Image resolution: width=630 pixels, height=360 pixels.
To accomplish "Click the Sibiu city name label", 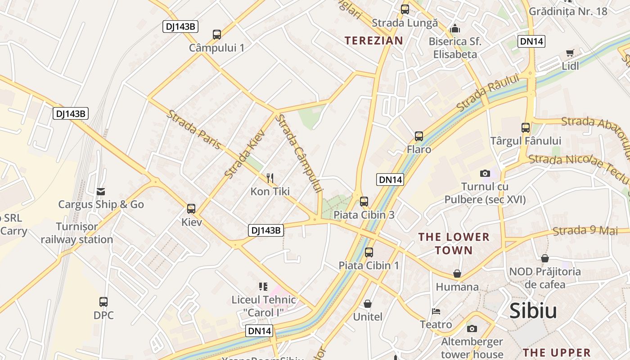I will click(x=533, y=311).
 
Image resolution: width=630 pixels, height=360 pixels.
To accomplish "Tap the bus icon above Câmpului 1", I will click(x=217, y=34).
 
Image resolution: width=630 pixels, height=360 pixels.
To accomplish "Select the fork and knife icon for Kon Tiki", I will click(x=270, y=178).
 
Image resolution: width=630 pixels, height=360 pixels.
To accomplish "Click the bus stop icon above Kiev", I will click(x=191, y=208).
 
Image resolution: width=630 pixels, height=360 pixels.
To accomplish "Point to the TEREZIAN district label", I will click(x=374, y=40).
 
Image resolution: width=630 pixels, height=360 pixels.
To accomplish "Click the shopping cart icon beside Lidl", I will click(x=570, y=53).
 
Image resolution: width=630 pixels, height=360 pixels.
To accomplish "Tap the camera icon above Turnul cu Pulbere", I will click(x=485, y=173).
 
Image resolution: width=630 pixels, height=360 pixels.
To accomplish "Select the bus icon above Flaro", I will click(x=419, y=136).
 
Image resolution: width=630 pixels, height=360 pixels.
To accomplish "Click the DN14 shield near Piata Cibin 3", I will click(x=390, y=180).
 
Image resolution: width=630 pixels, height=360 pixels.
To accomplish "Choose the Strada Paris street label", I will click(x=194, y=129).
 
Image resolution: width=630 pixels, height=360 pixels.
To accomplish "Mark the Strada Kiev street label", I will click(x=245, y=153).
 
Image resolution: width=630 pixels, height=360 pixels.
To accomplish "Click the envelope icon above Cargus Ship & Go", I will click(x=101, y=192).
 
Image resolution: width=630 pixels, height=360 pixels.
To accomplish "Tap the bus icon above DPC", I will click(x=103, y=301).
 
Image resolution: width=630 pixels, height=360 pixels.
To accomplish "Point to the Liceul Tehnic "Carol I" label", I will click(x=264, y=306).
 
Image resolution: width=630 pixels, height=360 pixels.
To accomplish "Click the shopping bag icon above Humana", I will click(x=457, y=274).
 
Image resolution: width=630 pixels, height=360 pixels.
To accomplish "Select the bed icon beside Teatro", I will click(x=436, y=311).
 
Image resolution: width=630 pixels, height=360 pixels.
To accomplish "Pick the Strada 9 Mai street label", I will click(x=585, y=231).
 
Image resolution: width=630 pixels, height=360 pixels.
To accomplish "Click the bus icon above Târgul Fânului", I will click(x=526, y=127).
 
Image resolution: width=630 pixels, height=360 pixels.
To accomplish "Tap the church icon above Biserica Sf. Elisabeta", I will click(x=455, y=28).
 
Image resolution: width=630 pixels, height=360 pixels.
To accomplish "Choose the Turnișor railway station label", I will click(x=77, y=233).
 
